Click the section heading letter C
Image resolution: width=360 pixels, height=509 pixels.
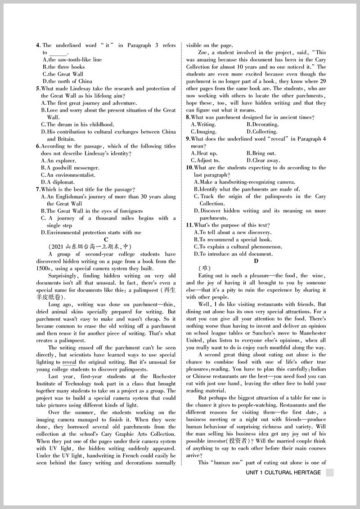click(106, 240)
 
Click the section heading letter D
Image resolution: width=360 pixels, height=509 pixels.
click(256, 261)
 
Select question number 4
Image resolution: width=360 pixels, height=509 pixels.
click(38, 45)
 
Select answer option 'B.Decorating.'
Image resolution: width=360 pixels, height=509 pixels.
click(262, 125)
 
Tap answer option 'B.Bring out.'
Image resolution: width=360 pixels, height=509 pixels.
click(261, 153)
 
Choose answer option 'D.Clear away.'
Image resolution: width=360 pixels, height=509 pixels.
click(263, 161)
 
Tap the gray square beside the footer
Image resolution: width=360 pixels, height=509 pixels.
click(329, 473)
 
